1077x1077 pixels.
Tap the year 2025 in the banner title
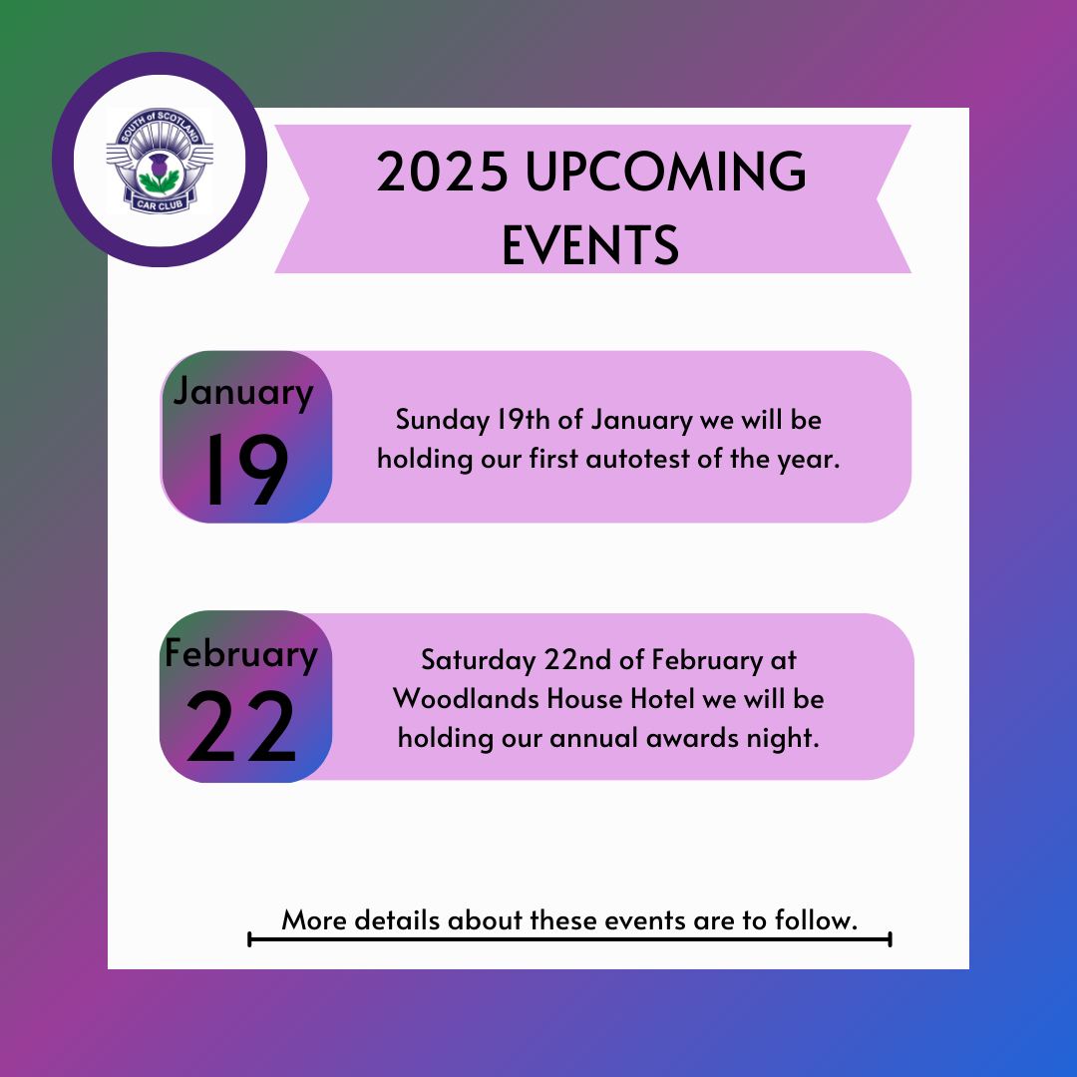(x=443, y=172)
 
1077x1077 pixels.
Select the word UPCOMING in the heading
(x=665, y=172)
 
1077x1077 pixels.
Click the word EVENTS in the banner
(x=590, y=244)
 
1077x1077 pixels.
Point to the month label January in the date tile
(x=243, y=392)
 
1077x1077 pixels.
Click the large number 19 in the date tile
(x=246, y=471)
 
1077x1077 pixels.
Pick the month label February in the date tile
(x=241, y=654)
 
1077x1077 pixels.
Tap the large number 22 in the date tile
(x=241, y=727)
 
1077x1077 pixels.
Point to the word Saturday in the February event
(x=478, y=661)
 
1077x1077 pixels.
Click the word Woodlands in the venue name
(x=466, y=699)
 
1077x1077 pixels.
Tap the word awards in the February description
(x=687, y=738)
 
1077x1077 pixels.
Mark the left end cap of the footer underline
(x=249, y=939)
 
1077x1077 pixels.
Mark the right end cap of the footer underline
(x=890, y=939)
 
